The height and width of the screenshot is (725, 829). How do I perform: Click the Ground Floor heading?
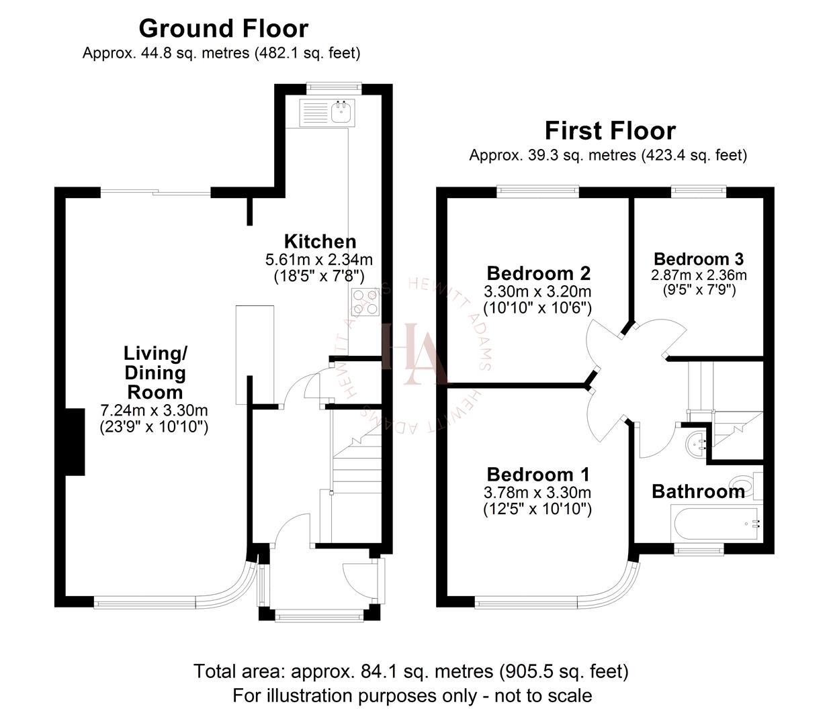(223, 28)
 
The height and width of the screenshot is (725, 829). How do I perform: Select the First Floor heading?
(609, 130)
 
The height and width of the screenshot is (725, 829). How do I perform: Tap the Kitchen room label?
(320, 242)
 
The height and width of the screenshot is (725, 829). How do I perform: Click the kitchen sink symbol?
(342, 111)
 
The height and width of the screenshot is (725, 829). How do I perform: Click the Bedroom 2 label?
(538, 273)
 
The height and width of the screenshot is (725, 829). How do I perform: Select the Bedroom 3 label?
(698, 258)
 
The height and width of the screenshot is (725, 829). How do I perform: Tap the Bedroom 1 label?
(537, 474)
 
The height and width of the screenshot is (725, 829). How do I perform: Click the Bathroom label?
(697, 491)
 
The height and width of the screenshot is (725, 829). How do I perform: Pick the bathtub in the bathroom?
(716, 523)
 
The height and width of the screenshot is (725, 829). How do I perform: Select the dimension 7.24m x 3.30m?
(154, 410)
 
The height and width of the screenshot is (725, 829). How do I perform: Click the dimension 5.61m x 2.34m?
(319, 259)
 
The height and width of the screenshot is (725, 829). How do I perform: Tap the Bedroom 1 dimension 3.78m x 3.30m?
(537, 492)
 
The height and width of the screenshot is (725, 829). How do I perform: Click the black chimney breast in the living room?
(74, 442)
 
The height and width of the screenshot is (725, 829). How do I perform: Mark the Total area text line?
(411, 671)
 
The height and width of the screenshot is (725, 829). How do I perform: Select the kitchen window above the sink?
(334, 87)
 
